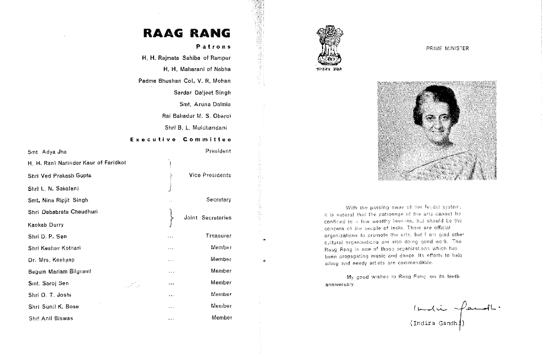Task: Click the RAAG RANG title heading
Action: pos(187,33)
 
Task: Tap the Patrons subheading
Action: pos(213,46)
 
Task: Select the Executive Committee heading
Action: pos(181,139)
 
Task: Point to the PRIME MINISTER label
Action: pos(447,49)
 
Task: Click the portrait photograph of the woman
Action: pos(437,131)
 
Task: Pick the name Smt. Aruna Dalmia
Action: pos(205,104)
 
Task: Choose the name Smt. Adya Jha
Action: pos(47,152)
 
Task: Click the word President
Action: pos(218,151)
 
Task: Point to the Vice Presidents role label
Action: pos(210,175)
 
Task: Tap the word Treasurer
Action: pos(219,236)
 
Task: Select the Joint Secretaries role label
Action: pos(207,218)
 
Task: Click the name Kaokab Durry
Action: pos(46,225)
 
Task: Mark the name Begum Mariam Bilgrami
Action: pos(59,271)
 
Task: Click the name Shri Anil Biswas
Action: pos(51,318)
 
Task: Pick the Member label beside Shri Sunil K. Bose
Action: pos(221,306)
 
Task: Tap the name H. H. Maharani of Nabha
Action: pos(197,69)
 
